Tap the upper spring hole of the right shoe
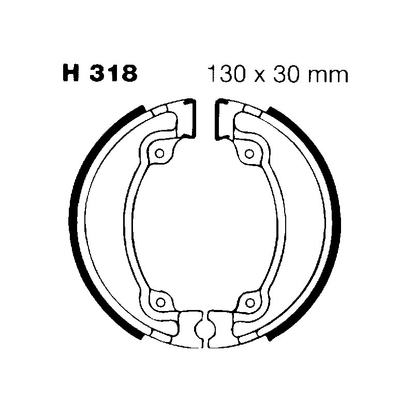pos(250,153)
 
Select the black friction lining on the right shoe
pos(335,223)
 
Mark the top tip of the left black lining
pos(142,108)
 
